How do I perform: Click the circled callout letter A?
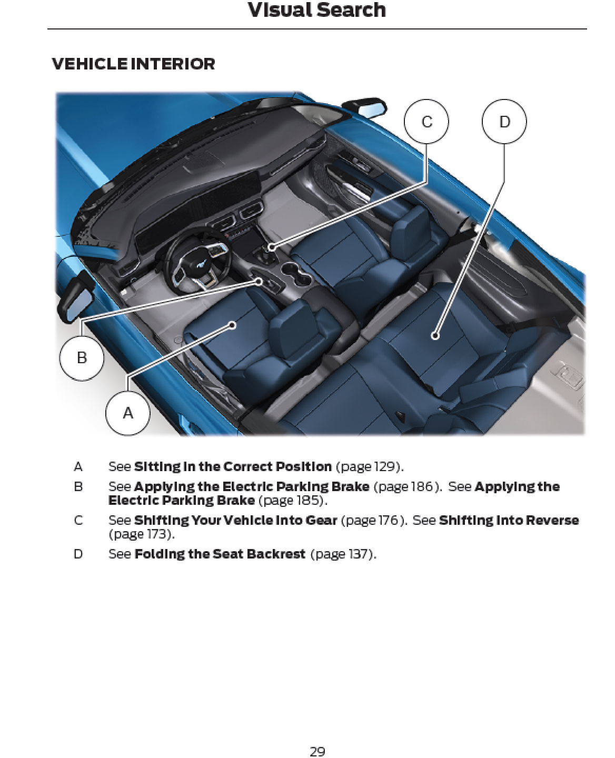(128, 413)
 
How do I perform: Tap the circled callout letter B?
(82, 357)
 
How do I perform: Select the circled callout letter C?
(426, 122)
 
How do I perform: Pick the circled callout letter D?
(504, 122)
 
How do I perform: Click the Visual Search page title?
(317, 9)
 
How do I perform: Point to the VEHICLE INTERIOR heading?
(133, 64)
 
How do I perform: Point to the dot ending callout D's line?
(434, 336)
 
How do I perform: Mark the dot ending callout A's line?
(232, 325)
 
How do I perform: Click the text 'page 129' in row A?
(368, 466)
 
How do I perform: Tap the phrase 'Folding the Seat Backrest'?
(220, 554)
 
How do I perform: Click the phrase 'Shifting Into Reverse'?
(509, 520)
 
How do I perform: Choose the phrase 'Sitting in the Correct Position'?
(233, 466)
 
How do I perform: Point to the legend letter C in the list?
(78, 520)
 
